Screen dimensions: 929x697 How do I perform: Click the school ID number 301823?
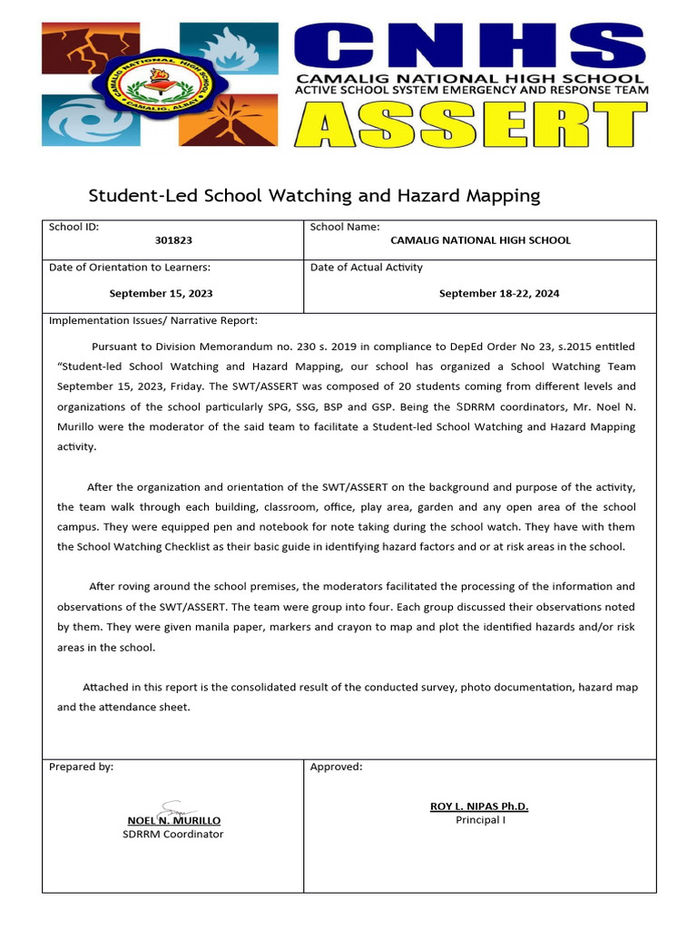point(172,240)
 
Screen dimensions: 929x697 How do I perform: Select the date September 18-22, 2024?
point(499,293)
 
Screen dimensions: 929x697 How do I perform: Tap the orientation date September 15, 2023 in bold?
point(162,293)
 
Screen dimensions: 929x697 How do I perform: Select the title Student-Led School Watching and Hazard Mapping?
point(313,195)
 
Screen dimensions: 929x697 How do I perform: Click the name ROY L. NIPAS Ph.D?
point(478,807)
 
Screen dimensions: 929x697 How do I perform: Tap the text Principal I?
point(478,820)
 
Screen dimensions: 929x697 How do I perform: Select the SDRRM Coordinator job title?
point(172,834)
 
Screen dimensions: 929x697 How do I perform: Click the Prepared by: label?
point(81,767)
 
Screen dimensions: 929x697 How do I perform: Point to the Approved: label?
point(336,767)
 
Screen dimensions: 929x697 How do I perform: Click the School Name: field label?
point(345,227)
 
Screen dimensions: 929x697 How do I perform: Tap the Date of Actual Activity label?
point(366,267)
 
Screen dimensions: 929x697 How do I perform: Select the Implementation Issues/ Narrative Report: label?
point(152,320)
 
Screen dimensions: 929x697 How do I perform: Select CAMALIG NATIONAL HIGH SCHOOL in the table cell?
point(480,240)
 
